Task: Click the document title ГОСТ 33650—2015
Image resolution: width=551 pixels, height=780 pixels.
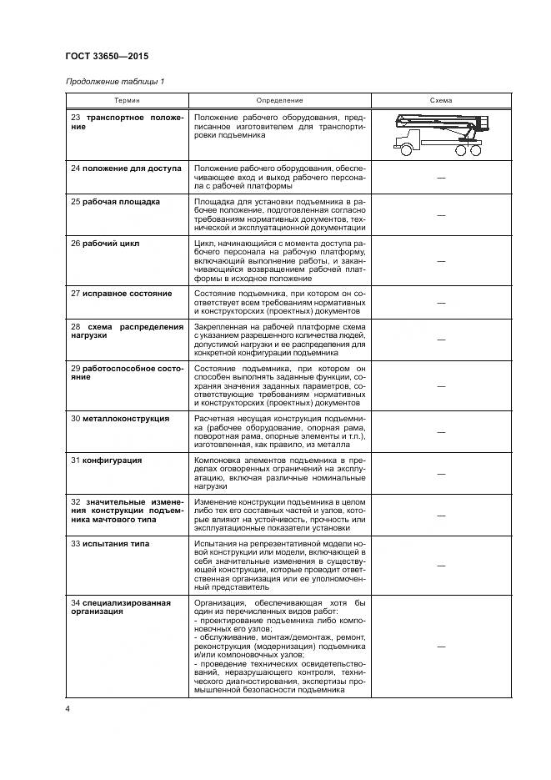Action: click(107, 57)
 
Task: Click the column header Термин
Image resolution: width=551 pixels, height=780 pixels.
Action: click(127, 100)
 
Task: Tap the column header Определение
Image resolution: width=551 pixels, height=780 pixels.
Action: click(279, 100)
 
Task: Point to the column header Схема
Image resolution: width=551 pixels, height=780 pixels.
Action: click(440, 100)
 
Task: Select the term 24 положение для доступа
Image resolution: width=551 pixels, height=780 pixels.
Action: click(126, 169)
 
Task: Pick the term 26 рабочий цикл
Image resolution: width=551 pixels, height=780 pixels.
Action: click(105, 244)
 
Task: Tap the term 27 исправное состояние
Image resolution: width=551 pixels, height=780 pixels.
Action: click(121, 294)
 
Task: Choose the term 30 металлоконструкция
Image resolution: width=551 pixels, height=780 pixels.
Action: click(120, 419)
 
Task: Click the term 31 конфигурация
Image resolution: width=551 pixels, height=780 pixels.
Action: click(106, 460)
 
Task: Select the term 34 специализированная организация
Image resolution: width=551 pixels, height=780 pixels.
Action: click(120, 607)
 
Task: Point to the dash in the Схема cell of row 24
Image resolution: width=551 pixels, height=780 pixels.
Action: click(440, 179)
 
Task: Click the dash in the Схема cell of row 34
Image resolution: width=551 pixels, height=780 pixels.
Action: click(440, 647)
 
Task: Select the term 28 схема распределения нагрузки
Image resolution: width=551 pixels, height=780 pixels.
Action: click(127, 332)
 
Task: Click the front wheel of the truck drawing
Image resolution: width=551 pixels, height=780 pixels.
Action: click(407, 150)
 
